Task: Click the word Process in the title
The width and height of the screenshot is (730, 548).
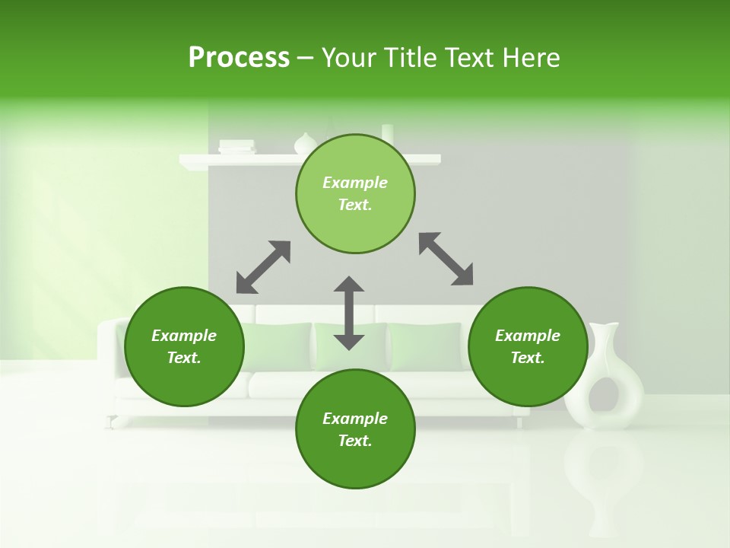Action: (x=239, y=58)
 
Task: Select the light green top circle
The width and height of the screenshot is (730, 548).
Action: (x=355, y=221)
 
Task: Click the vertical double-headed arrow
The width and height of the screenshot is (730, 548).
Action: (x=349, y=313)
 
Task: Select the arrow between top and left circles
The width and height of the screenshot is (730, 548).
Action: (x=263, y=267)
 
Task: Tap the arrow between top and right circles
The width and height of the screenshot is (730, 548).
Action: (x=446, y=259)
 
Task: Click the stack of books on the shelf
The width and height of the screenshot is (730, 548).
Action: (x=236, y=147)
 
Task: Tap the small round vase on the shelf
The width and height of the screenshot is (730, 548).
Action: (x=306, y=144)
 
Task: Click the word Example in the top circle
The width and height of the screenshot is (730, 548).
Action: (x=355, y=183)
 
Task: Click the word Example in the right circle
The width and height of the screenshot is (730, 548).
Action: (x=528, y=336)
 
